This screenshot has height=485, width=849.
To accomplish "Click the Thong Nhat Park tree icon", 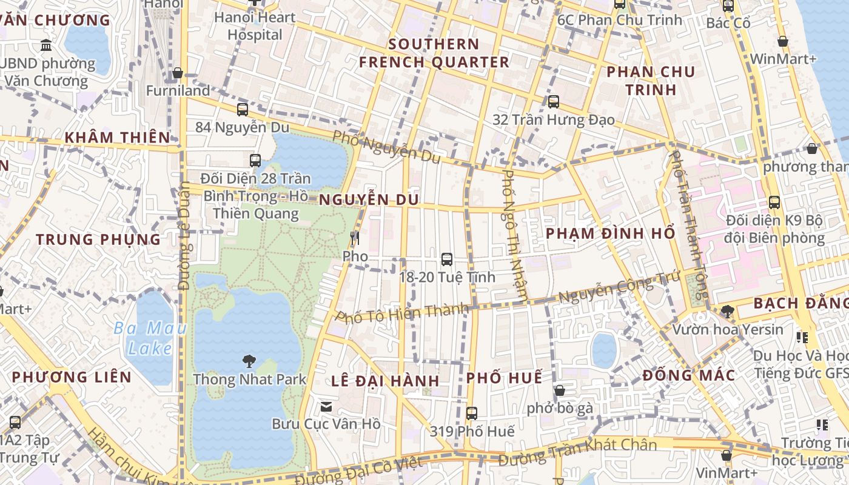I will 249,362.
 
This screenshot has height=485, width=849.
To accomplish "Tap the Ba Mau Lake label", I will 143,338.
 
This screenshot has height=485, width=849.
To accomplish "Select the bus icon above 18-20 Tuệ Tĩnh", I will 447,259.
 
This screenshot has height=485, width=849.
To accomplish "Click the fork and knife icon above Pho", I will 355,238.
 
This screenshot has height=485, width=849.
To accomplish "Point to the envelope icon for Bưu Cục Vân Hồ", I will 326,406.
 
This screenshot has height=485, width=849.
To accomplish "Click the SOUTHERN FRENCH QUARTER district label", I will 434,53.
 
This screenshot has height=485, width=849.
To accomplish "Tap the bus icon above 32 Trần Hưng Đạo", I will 554,102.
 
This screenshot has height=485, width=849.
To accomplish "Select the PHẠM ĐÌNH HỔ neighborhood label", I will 610,233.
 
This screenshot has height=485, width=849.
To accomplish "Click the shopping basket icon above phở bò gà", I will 560,390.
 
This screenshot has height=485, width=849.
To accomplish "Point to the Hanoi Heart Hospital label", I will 255,26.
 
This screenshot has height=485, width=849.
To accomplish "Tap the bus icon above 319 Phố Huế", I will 472,413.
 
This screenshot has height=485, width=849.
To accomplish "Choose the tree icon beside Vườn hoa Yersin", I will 727,312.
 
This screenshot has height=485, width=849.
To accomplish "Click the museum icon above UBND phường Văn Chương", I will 46,45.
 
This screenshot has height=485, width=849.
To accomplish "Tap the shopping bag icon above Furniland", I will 178,73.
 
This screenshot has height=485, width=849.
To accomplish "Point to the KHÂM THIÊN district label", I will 118,138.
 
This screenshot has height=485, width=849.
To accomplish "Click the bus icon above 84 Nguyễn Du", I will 243,110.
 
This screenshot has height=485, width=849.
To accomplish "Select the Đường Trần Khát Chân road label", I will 577,453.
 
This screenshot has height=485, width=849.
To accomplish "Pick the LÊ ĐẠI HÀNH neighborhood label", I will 386,381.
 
